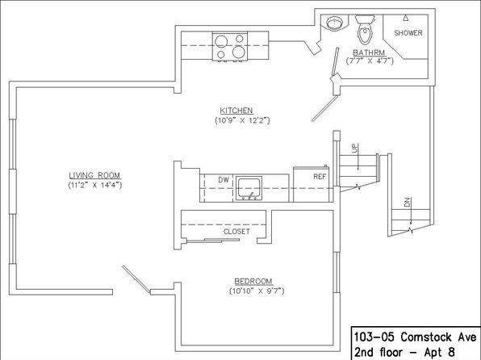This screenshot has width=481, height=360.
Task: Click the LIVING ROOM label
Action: coord(94,175)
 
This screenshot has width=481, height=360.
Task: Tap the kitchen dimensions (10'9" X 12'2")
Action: coord(242,120)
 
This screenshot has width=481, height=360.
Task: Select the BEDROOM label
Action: coord(253,282)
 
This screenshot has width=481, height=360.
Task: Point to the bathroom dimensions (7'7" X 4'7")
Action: coord(370,61)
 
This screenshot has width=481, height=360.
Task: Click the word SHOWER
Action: coord(408,33)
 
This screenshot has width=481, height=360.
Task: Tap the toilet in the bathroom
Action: coord(365,29)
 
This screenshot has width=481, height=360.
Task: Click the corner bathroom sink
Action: coord(334,23)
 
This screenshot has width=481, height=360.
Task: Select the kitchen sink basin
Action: coord(249,188)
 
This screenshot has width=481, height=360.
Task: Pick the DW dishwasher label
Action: coord(224,180)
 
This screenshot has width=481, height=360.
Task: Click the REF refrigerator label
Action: coord(320,177)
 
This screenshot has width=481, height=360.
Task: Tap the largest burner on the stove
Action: coord(239,52)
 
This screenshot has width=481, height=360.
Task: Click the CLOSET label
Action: coord(236,232)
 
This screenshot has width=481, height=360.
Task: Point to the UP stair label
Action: coord(355,148)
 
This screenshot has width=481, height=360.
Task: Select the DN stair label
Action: coord(407,202)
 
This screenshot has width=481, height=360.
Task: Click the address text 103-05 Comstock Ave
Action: coord(416,337)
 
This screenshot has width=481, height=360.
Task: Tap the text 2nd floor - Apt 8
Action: coord(404,352)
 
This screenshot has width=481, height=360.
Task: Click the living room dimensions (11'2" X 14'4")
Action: coord(94,185)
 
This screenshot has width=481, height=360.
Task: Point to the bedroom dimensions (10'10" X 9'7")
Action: coord(257,291)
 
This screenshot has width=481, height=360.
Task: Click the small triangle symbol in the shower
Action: coord(406,18)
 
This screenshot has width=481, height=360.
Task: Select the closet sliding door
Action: coord(213,241)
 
